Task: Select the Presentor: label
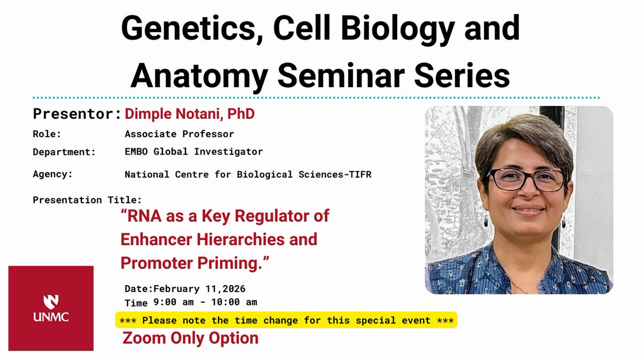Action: [x=77, y=114]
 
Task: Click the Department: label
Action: [x=64, y=152]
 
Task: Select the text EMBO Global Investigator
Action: [x=193, y=152]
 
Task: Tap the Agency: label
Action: [x=52, y=174]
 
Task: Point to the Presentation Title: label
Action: [x=87, y=200]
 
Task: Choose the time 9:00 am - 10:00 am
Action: [x=205, y=302]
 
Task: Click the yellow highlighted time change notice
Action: [x=286, y=320]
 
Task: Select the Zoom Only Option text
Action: [x=191, y=338]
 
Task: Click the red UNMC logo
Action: [x=51, y=308]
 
